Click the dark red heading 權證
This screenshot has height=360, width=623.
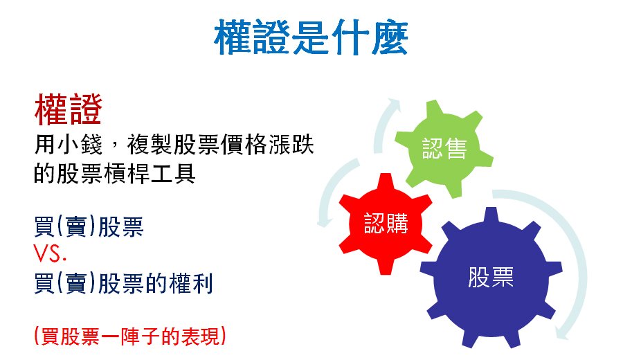(x=69, y=109)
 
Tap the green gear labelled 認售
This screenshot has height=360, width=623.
(x=444, y=149)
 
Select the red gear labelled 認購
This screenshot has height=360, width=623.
(x=386, y=224)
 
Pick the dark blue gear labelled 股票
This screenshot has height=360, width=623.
(x=491, y=278)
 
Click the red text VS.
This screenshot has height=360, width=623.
(x=50, y=253)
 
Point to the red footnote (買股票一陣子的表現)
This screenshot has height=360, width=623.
(x=130, y=336)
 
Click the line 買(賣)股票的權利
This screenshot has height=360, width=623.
(x=124, y=283)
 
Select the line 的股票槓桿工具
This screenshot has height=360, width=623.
(x=114, y=174)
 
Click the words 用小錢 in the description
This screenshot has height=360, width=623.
(x=69, y=144)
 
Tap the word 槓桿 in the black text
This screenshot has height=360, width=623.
(x=126, y=174)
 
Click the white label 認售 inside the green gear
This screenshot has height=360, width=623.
(x=444, y=149)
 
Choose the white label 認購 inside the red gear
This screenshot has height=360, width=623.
(x=386, y=224)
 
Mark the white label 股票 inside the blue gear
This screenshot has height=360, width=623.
(x=491, y=278)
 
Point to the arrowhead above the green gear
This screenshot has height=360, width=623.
(x=394, y=103)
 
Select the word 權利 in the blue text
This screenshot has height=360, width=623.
(x=191, y=283)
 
